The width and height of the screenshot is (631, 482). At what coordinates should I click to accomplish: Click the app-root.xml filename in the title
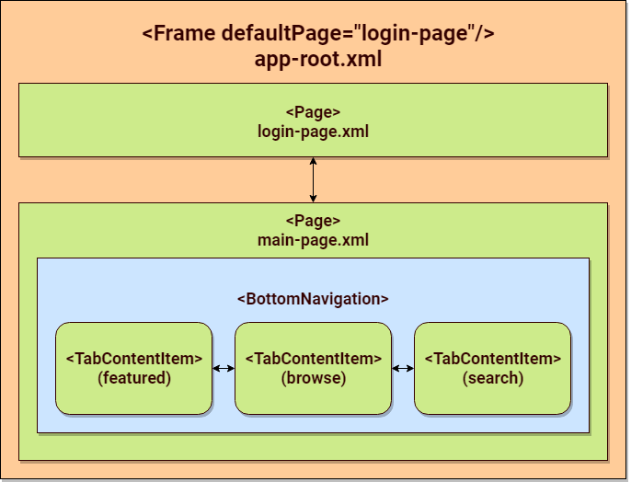[318, 60]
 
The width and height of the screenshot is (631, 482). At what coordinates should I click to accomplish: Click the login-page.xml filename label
[313, 131]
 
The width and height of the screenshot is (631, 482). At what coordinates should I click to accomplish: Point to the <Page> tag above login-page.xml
[313, 112]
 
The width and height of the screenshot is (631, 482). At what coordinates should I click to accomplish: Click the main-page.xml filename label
[313, 240]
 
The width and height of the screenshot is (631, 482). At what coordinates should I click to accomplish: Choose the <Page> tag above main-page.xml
[313, 222]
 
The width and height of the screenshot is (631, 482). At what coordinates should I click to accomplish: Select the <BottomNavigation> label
[313, 299]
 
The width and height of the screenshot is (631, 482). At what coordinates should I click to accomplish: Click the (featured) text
[133, 378]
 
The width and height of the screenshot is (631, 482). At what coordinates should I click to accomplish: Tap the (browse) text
[313, 378]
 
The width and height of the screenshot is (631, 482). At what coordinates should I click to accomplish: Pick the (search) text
[492, 378]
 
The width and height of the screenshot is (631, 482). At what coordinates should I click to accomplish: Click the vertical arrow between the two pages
[314, 179]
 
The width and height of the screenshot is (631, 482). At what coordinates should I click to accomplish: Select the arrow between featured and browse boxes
[224, 369]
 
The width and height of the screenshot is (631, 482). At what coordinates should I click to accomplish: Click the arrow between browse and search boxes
[403, 369]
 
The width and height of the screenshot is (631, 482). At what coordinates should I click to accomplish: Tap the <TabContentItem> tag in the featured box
[133, 359]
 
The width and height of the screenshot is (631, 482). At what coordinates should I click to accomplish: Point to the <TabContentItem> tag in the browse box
[313, 359]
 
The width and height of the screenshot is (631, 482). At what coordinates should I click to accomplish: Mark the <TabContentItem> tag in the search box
[492, 359]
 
